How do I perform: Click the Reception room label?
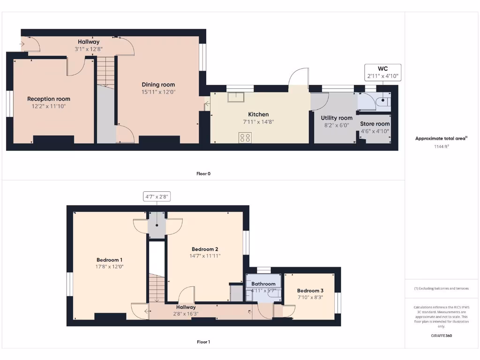pyautogui.click(x=49, y=99)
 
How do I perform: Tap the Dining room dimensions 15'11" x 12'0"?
pyautogui.click(x=158, y=92)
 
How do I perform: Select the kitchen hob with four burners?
pyautogui.click(x=245, y=137)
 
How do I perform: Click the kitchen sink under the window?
pyautogui.click(x=235, y=97)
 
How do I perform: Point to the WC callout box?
pyautogui.click(x=383, y=72)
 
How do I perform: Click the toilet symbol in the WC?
pyautogui.click(x=384, y=100)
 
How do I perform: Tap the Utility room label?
pyautogui.click(x=337, y=118)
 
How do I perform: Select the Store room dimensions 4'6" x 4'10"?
pyautogui.click(x=375, y=131)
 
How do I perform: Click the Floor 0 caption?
pyautogui.click(x=203, y=173)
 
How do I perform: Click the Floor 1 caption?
pyautogui.click(x=203, y=342)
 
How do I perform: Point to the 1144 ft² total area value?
pyautogui.click(x=441, y=146)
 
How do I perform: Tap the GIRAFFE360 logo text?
pyautogui.click(x=441, y=336)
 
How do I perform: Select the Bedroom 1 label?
pyautogui.click(x=110, y=260)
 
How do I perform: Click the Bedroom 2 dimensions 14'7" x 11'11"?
pyautogui.click(x=204, y=256)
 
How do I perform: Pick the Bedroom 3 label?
pyautogui.click(x=310, y=291)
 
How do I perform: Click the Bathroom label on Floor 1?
pyautogui.click(x=263, y=284)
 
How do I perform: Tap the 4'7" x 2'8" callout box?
pyautogui.click(x=157, y=197)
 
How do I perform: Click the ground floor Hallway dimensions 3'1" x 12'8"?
pyautogui.click(x=89, y=49)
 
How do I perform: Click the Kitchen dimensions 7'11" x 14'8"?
pyautogui.click(x=258, y=121)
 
